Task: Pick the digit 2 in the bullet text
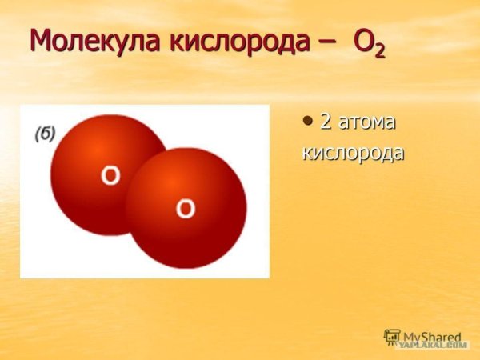(326, 122)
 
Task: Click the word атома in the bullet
(367, 123)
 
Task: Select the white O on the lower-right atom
(185, 210)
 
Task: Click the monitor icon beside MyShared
(392, 337)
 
